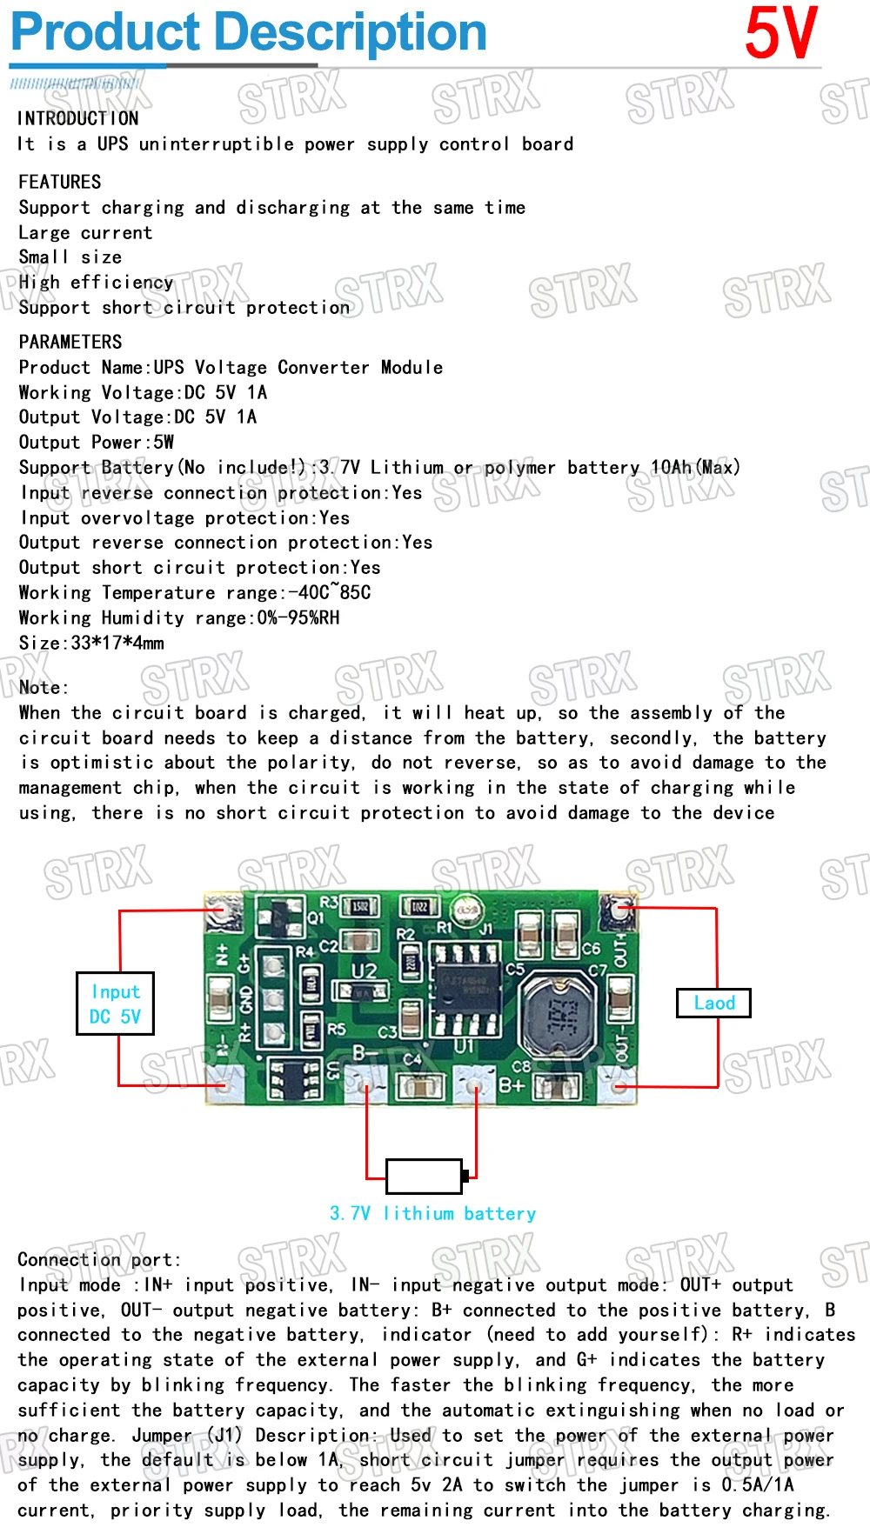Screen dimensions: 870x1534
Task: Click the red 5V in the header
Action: pos(780,33)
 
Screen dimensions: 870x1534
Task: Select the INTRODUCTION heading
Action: pos(78,118)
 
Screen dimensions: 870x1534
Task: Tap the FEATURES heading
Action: pos(60,182)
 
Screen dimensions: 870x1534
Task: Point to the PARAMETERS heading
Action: pos(70,342)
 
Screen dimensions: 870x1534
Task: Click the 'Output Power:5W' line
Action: pos(97,442)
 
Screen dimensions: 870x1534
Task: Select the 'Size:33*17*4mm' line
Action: pos(91,643)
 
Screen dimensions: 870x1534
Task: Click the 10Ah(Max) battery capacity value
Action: pos(695,467)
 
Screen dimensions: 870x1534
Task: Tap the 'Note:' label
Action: pos(43,687)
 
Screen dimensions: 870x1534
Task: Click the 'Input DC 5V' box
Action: pos(115,1004)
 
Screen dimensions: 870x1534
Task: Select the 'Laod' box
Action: pos(713,1003)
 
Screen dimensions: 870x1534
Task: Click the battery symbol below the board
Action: pos(425,1176)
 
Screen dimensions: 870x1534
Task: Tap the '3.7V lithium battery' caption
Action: pos(432,1213)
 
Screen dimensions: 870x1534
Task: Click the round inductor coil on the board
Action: pos(557,1013)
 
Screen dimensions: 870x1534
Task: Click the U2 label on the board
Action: pos(364,970)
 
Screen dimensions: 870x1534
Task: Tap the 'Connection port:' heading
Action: pos(99,1259)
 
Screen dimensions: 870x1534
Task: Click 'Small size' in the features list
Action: pos(70,257)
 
